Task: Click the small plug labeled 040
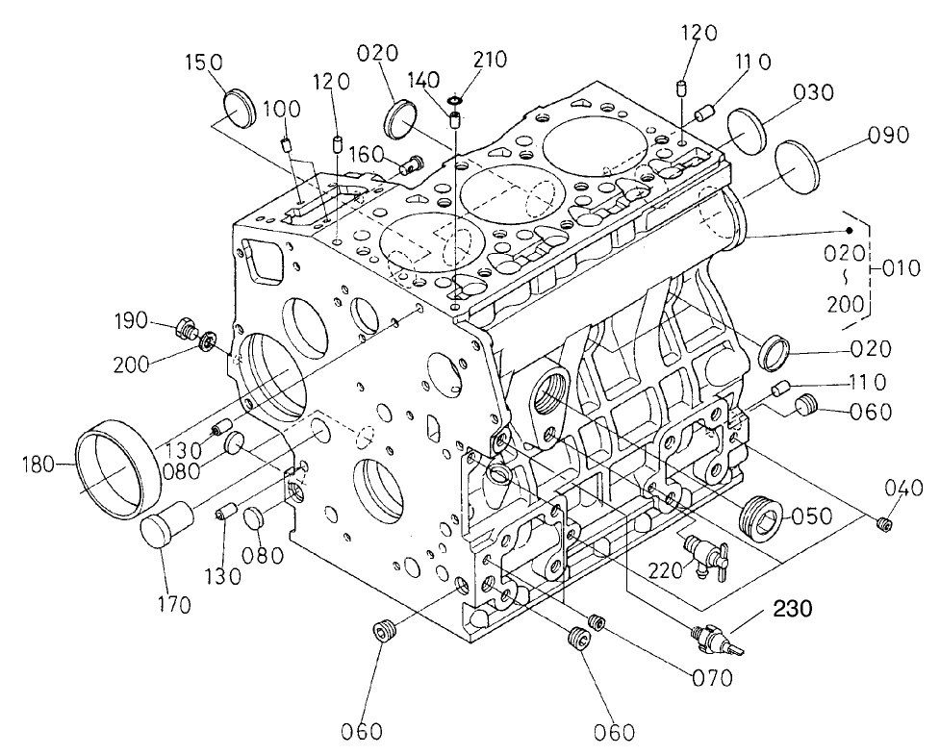(884, 523)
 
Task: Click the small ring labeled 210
(457, 99)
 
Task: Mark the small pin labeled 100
(286, 144)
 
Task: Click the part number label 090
(885, 135)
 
